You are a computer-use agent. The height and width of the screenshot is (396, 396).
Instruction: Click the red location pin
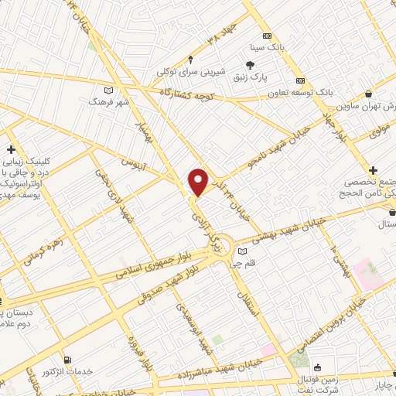[199, 181]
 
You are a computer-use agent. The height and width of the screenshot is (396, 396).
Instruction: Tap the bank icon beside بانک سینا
[267, 36]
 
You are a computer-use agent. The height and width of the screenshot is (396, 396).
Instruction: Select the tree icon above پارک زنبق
[250, 66]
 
